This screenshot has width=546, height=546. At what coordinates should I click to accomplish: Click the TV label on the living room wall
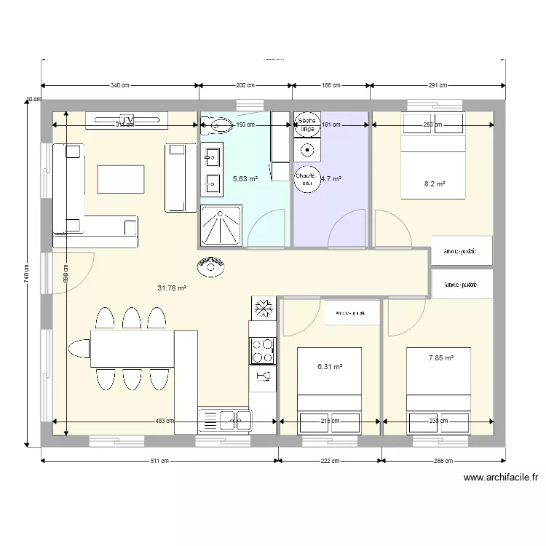[x=127, y=119]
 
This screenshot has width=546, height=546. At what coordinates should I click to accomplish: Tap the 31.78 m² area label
[x=172, y=288]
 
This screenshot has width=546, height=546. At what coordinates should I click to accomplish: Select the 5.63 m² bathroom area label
[x=245, y=178]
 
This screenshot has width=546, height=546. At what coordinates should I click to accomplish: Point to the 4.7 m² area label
[x=331, y=178]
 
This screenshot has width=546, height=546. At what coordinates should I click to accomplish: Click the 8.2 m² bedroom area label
[x=435, y=184]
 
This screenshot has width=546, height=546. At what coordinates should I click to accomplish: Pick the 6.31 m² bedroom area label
[x=330, y=368]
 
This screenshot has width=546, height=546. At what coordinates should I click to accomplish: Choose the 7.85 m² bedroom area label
[x=441, y=357]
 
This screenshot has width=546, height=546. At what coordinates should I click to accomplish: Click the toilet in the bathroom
[x=216, y=125]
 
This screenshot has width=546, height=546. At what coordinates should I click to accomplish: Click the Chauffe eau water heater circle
[x=306, y=179]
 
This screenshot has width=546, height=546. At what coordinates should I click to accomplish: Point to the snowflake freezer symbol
[x=263, y=308]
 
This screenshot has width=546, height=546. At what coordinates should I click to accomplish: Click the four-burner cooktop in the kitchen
[x=263, y=351]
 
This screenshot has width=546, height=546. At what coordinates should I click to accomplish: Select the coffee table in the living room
[x=120, y=180]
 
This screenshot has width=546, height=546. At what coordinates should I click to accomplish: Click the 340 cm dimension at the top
[x=121, y=86]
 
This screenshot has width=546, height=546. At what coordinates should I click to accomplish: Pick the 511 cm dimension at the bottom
[x=160, y=461]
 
